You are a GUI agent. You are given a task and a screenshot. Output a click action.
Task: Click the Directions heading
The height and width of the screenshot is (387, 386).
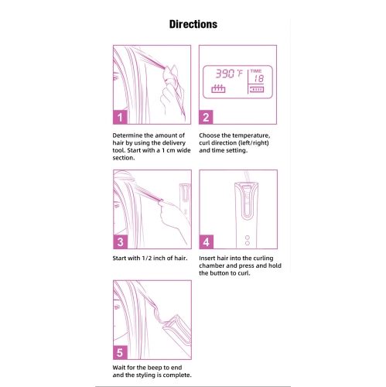coord(193,24)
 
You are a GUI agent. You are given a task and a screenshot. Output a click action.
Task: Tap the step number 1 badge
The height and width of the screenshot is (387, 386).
coord(120,117)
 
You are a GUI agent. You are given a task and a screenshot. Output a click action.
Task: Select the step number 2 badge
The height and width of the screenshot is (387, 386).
coord(206,117)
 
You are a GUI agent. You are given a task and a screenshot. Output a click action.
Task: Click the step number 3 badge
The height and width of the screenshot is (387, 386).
coord(120,241)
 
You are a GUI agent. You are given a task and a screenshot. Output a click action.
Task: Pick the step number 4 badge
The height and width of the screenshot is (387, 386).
coord(207,241)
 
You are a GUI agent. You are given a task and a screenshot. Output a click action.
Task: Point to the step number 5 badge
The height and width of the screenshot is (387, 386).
coord(120,352)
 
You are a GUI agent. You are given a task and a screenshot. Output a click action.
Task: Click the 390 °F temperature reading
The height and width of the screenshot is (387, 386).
coord(229,74)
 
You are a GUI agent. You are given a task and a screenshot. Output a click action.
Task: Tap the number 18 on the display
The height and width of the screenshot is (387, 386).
coord(258,78)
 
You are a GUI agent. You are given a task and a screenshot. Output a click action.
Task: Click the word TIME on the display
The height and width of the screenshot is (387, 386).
coord(256,71)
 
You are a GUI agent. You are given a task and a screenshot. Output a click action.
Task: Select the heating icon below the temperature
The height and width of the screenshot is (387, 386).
coord(218,88)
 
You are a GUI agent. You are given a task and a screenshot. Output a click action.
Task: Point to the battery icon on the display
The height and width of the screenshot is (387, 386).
coord(256,89)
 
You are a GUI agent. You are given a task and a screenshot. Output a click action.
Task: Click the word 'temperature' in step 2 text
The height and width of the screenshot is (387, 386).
coord(251,135)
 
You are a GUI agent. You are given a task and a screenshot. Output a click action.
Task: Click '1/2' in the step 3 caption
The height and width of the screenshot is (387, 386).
coord(147,258)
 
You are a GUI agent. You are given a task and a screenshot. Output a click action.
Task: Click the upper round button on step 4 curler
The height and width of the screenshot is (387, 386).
coord(248,238)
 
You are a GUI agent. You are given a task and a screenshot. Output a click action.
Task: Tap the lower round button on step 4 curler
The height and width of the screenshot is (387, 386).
coord(248,243)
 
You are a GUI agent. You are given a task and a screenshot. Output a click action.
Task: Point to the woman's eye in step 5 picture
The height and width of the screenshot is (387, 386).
coord(117,307)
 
